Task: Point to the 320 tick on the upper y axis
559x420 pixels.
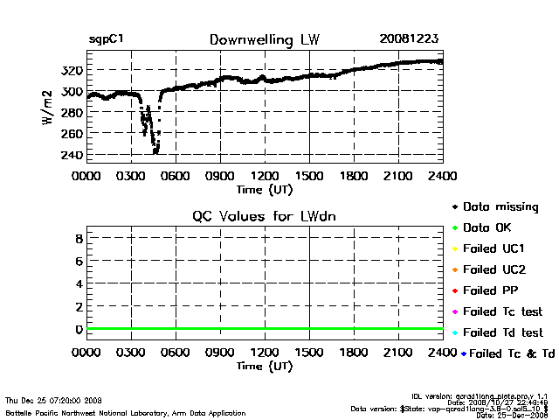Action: [x=72, y=71]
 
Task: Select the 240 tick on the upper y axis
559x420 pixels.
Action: [x=72, y=155]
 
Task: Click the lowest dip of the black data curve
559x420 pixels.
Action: [x=155, y=152]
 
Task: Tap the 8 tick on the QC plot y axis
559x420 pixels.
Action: [x=78, y=238]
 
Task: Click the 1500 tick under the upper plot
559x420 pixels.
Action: [x=309, y=176]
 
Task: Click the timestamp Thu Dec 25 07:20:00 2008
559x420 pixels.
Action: [x=54, y=399]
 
